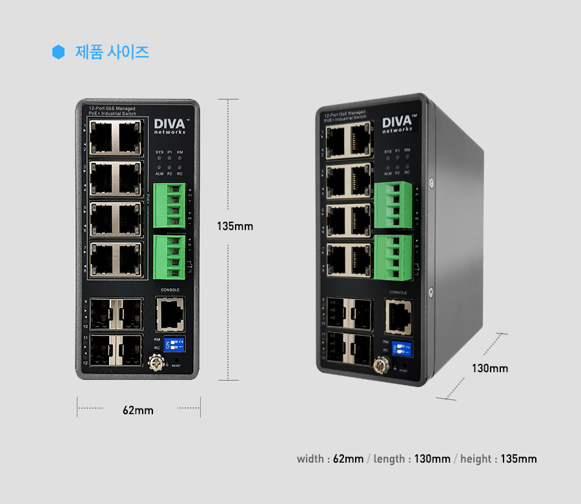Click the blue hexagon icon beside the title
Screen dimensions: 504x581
click(59, 52)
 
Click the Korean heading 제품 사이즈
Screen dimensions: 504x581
click(112, 52)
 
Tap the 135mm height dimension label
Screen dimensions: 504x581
click(235, 227)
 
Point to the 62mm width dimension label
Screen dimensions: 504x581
click(138, 410)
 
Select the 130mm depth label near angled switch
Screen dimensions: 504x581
click(490, 369)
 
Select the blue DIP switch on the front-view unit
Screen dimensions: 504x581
click(175, 343)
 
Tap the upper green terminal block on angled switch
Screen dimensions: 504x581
click(394, 204)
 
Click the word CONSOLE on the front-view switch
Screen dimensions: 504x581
click(170, 290)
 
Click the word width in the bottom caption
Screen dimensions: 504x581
click(311, 459)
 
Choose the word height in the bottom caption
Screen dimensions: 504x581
click(476, 459)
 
